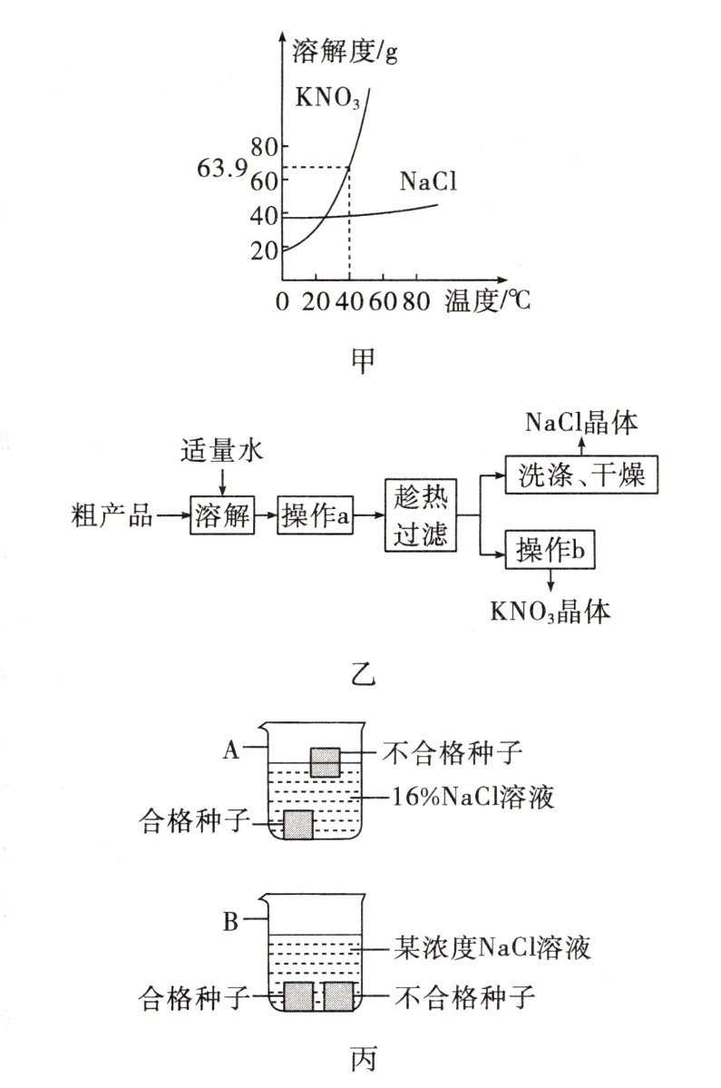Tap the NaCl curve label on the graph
point(427,181)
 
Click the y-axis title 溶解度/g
point(346,52)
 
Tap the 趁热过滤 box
point(420,515)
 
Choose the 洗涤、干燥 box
point(582,475)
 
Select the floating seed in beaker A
point(325,760)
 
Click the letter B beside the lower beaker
point(230,924)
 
